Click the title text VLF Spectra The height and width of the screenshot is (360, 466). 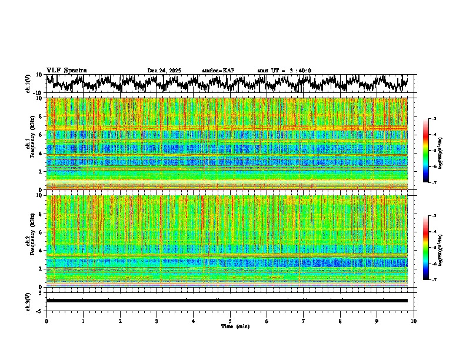tap(66, 70)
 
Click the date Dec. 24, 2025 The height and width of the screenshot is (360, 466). tap(164, 71)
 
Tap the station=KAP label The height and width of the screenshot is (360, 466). tap(218, 71)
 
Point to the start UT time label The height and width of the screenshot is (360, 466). tap(284, 71)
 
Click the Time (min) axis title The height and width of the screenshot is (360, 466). tap(235, 326)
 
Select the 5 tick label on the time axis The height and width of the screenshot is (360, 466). tap(230, 321)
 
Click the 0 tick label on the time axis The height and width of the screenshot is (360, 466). tap(46, 321)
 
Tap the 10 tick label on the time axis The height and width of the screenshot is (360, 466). tap(414, 321)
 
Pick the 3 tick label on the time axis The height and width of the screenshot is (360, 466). tap(157, 321)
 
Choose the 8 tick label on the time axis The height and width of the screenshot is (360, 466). tap(340, 321)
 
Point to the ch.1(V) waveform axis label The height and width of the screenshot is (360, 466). tap(28, 84)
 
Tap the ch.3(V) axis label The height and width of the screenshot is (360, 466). tap(28, 301)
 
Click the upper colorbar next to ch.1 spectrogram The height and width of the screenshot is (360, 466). tap(425, 151)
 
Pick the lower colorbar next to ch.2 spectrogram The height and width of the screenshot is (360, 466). tap(425, 248)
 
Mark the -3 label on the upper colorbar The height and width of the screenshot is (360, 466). tap(435, 119)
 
